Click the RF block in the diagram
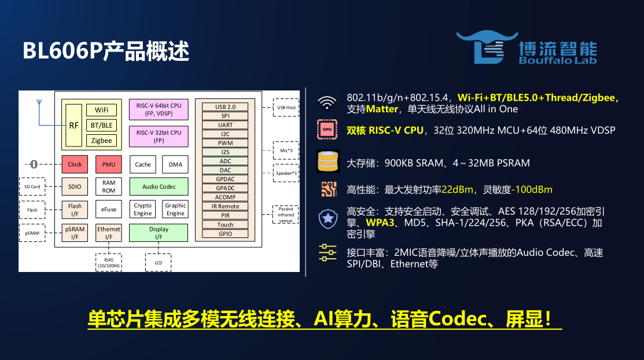coord(73,126)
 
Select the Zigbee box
coord(101,141)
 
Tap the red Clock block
coord(75,164)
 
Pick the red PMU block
coord(109,164)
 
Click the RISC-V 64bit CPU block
coord(159,109)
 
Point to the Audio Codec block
coord(159,186)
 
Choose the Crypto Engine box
coord(143,209)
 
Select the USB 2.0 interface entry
coord(225,107)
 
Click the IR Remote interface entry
coord(225,206)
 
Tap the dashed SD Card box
coord(32,186)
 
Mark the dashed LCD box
coord(159,263)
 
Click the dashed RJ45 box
coord(109,263)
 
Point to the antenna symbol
coord(39,102)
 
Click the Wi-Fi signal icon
coord(327,103)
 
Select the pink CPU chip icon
coord(327,130)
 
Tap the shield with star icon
coord(327,219)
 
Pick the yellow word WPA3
coord(380,223)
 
